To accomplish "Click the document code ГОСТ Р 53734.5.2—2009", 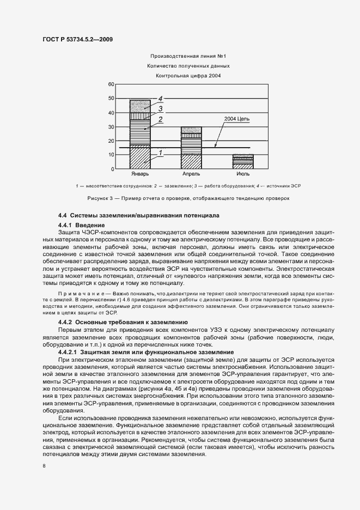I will coord(77,39).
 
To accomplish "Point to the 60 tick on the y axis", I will coord(111,84).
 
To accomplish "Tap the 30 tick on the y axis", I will coord(111,127).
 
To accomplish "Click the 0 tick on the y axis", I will coord(112,169).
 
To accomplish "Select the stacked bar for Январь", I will coord(139,135).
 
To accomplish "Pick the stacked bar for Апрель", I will coord(191,148).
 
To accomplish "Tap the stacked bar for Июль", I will coord(243,162).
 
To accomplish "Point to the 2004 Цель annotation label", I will coord(236,119).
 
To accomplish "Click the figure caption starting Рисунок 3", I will coord(188,198).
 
